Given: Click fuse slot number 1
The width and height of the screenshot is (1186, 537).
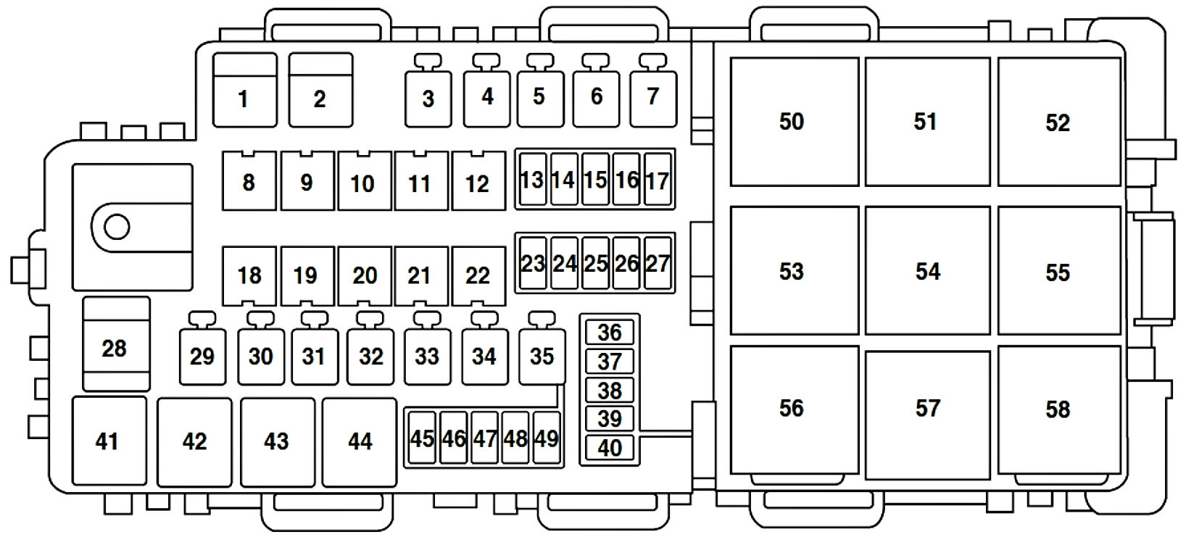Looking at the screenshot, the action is click(x=245, y=90).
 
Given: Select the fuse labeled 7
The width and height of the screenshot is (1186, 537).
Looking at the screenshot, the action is click(x=653, y=99).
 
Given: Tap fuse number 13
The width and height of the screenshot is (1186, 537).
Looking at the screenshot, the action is click(x=533, y=179).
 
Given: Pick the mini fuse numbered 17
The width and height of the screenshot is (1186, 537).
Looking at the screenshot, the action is click(x=658, y=179).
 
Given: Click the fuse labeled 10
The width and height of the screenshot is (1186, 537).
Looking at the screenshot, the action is click(x=365, y=181).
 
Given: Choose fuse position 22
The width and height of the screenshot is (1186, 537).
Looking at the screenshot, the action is click(x=479, y=275).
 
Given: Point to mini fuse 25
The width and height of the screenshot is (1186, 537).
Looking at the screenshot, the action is click(x=595, y=263).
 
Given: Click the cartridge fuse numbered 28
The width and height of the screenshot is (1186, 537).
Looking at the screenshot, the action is click(x=117, y=344).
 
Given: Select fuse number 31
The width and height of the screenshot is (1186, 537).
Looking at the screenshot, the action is click(x=315, y=356).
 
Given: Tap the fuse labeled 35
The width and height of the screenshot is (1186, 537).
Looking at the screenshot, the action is click(x=542, y=356).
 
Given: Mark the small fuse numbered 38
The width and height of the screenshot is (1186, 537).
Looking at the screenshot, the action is click(x=610, y=391).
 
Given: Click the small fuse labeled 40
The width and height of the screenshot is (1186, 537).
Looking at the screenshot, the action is click(x=610, y=448).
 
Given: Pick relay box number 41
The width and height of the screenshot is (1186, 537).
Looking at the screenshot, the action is click(x=109, y=441).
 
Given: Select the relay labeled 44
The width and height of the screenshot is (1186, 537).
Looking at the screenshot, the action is click(x=360, y=442).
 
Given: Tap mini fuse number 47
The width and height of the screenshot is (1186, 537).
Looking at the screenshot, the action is click(x=484, y=438).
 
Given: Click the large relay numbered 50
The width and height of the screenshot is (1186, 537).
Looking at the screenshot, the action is click(x=795, y=122).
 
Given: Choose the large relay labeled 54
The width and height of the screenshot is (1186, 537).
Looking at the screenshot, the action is click(x=928, y=270).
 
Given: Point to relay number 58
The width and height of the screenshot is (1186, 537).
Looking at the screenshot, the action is click(x=1059, y=410).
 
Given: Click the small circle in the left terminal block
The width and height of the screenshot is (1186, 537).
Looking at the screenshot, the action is click(x=117, y=227).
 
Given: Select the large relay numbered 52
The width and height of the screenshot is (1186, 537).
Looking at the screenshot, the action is click(x=1059, y=122).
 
